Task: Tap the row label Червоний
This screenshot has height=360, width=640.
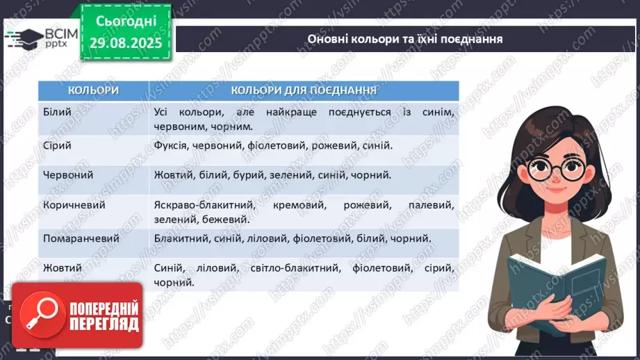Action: click(x=67, y=175)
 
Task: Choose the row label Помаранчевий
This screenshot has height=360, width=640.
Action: click(x=81, y=238)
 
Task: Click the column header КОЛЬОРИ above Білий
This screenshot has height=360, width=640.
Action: click(x=93, y=90)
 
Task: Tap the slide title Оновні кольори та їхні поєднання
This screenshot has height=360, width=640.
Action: click(x=404, y=39)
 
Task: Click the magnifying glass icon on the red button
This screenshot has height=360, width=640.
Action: click(x=39, y=316)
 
